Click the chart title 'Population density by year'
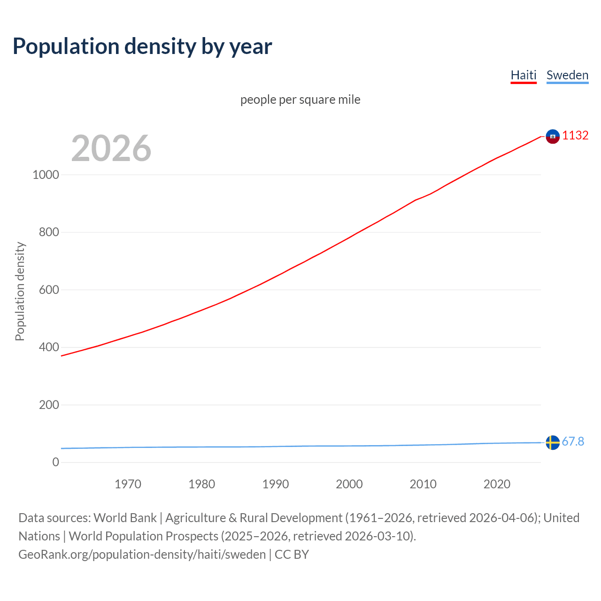coord(142,46)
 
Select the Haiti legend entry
coord(524,75)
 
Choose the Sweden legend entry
coord(567,75)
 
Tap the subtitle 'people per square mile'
coord(300,100)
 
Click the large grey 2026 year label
coord(111,148)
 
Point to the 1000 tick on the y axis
coord(46,175)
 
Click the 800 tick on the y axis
coord(49,232)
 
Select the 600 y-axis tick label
coord(49,290)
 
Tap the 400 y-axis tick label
coord(49,347)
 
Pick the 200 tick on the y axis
coord(49,405)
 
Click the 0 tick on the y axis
coord(56,462)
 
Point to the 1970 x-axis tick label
coord(128,484)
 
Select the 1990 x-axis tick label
coord(276,484)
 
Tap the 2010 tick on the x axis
coord(423,484)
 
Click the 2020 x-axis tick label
coord(497,484)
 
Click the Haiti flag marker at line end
coord(553,136)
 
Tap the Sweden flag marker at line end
coord(553,442)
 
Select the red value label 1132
coord(575,135)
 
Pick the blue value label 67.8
coord(573,441)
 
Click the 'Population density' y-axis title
coord(20,291)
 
